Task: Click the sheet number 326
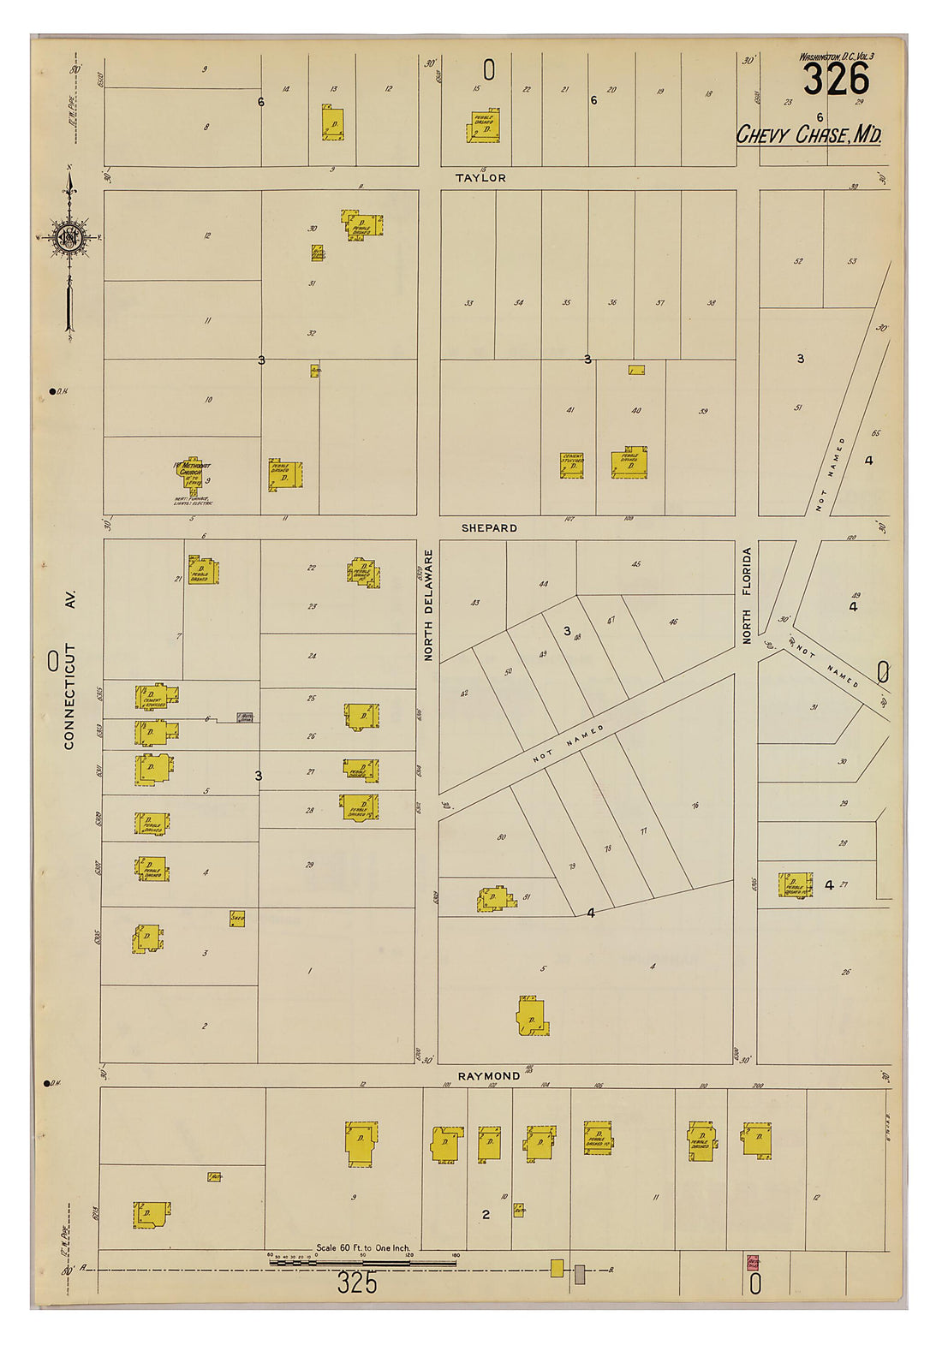tap(836, 81)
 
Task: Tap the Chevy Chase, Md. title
tap(808, 135)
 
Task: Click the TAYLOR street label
tap(480, 178)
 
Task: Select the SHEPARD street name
tap(489, 528)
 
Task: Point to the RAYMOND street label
tap(489, 1076)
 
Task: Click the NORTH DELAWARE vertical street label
tap(428, 604)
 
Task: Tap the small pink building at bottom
tap(754, 1262)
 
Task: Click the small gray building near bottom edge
tap(580, 1274)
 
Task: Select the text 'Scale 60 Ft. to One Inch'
tap(363, 1248)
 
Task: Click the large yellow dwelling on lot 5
tap(531, 1017)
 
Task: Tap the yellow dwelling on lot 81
tap(495, 899)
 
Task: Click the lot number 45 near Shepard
tap(635, 564)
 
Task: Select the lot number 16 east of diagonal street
tap(695, 805)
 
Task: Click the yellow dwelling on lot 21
tap(204, 571)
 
